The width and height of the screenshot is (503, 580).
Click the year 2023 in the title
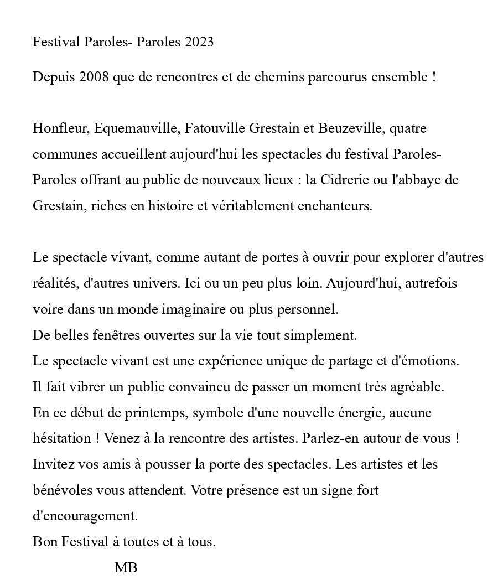pyautogui.click(x=196, y=42)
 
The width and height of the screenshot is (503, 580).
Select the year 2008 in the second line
pyautogui.click(x=94, y=77)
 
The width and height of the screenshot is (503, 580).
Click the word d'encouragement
pyautogui.click(x=85, y=516)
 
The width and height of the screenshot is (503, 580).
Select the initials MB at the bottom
pyautogui.click(x=126, y=567)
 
